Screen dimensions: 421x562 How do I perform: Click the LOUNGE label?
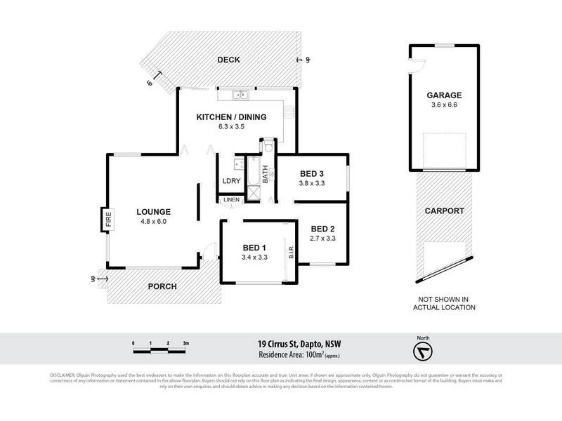153,212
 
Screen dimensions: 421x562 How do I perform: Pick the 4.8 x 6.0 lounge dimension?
153,222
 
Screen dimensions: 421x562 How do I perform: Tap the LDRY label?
231,181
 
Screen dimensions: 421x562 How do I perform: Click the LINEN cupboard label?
231,201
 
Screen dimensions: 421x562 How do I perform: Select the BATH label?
266,173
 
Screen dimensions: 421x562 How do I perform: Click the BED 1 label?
254,248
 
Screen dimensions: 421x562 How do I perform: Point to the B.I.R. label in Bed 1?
291,250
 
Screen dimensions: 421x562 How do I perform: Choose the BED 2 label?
321,229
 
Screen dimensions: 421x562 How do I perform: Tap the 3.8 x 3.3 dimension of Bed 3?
312,184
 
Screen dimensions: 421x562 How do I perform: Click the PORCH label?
162,287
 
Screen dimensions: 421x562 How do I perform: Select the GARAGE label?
443,95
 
